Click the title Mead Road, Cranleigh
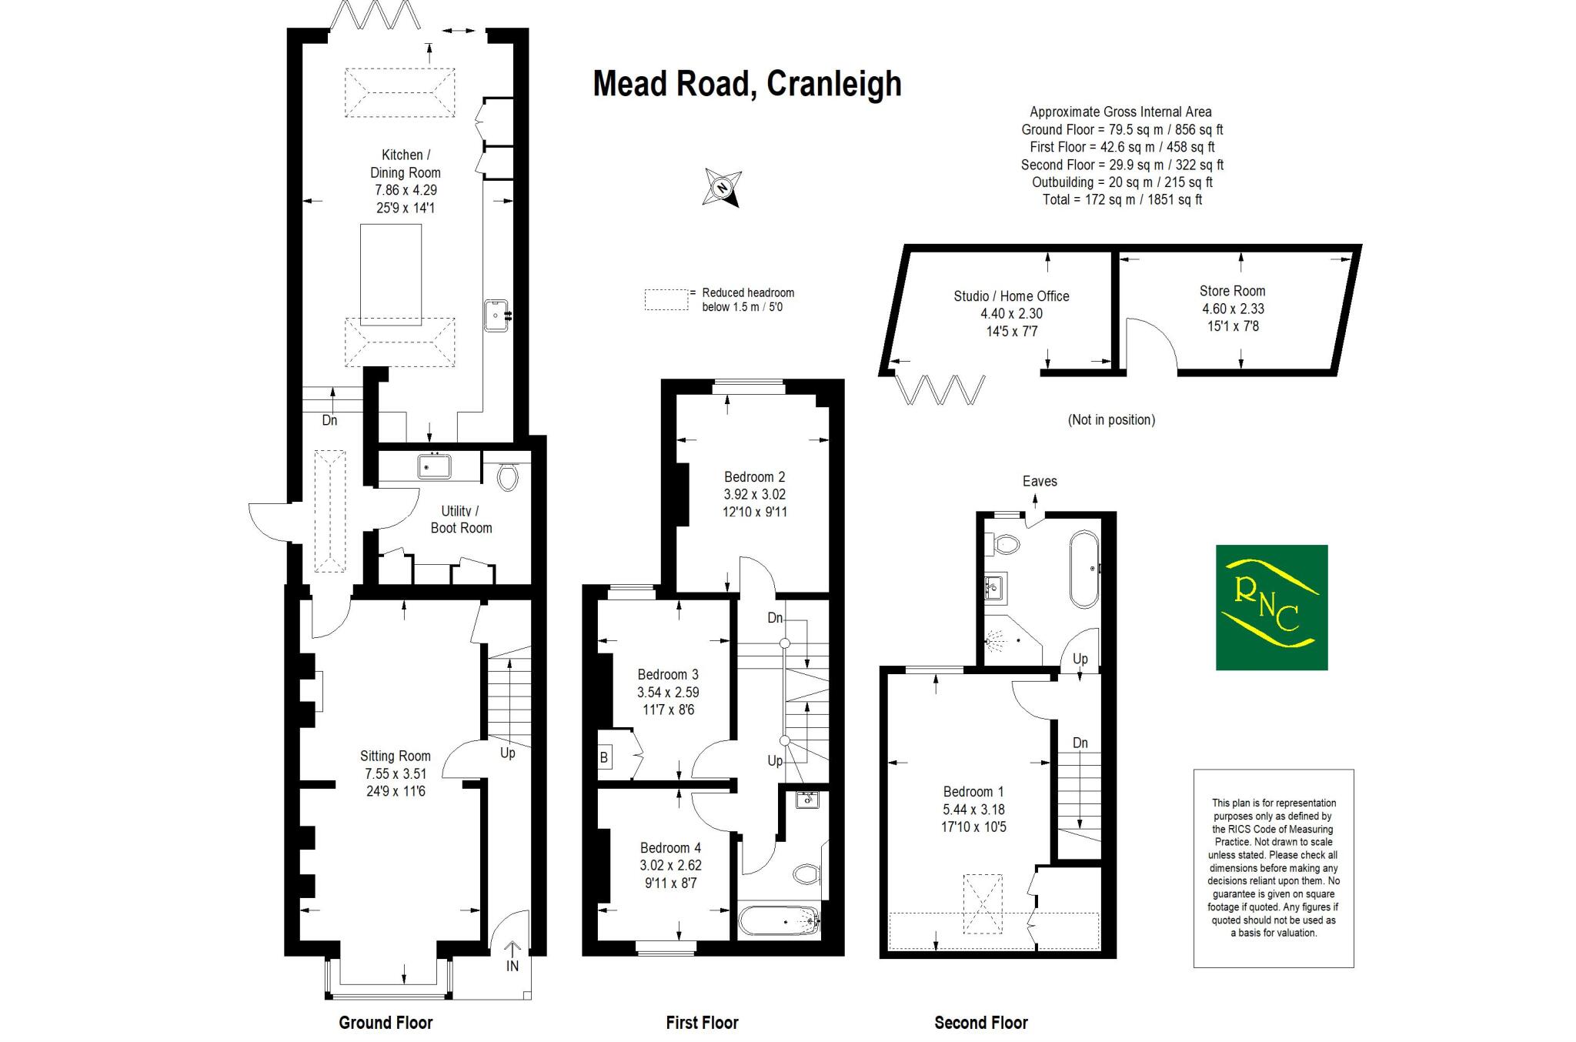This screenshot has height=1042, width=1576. pyautogui.click(x=746, y=85)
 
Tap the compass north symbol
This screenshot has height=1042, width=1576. pyautogui.click(x=722, y=188)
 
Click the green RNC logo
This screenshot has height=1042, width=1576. pyautogui.click(x=1271, y=607)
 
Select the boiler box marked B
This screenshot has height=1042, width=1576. pyautogui.click(x=604, y=757)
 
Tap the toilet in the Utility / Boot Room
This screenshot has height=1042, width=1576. pyautogui.click(x=507, y=477)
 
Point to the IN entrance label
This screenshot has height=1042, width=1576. pyautogui.click(x=513, y=966)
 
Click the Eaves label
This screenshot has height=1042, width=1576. pyautogui.click(x=1040, y=482)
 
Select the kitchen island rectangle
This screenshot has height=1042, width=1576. pyautogui.click(x=391, y=275)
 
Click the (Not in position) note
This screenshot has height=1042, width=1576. pyautogui.click(x=1111, y=420)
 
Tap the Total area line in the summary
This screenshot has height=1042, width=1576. pyautogui.click(x=1121, y=200)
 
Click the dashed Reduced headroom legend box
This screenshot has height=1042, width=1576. pyautogui.click(x=666, y=299)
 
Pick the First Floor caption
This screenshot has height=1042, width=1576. pyautogui.click(x=702, y=1023)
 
